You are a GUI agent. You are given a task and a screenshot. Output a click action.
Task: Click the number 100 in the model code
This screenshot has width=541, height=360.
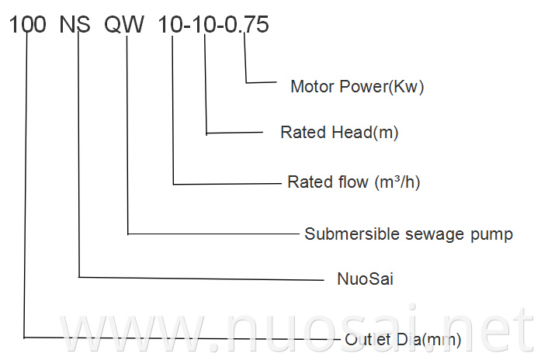28,25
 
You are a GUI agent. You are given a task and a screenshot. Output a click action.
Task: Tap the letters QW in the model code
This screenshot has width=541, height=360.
125,25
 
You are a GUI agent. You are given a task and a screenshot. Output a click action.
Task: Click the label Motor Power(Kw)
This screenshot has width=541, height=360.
357,86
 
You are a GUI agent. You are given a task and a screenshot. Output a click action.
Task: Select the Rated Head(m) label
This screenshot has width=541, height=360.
339,133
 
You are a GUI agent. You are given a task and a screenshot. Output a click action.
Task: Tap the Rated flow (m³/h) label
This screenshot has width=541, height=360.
354,182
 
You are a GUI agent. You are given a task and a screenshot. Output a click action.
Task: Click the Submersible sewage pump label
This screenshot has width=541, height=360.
408,234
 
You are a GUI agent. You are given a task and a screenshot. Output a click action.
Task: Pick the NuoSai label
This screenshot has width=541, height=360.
365,278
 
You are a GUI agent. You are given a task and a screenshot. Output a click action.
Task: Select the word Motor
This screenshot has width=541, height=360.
313,86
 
